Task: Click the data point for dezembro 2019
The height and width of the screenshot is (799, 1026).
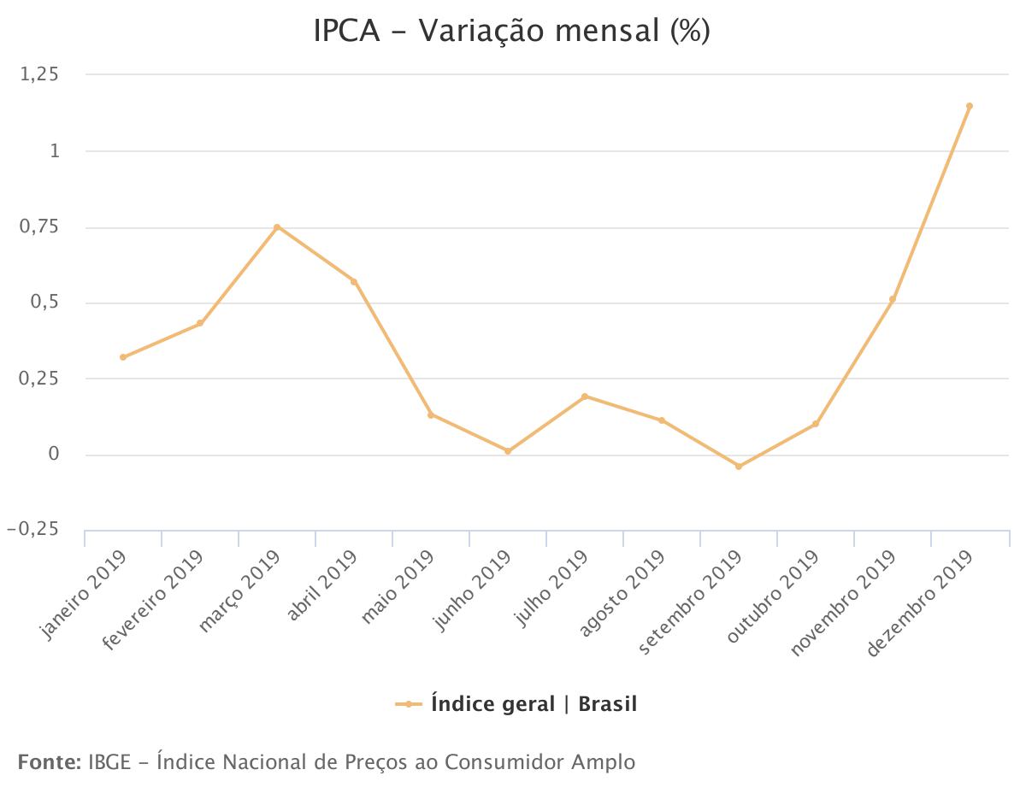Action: point(970,106)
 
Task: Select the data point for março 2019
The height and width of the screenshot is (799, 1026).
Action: point(277,227)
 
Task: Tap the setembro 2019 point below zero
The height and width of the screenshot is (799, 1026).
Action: point(739,467)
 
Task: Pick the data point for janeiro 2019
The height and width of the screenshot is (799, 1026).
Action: point(123,357)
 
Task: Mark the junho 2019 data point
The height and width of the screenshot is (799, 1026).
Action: point(508,451)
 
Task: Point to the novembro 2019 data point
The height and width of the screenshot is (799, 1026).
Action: point(893,299)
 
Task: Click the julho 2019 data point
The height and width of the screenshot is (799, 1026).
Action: point(585,397)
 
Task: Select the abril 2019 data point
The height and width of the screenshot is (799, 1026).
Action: point(354,281)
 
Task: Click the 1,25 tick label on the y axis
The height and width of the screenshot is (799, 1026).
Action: point(39,75)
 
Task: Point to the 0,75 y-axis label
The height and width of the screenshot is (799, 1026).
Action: point(39,227)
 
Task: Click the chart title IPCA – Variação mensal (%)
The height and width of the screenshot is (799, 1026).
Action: point(512,32)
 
